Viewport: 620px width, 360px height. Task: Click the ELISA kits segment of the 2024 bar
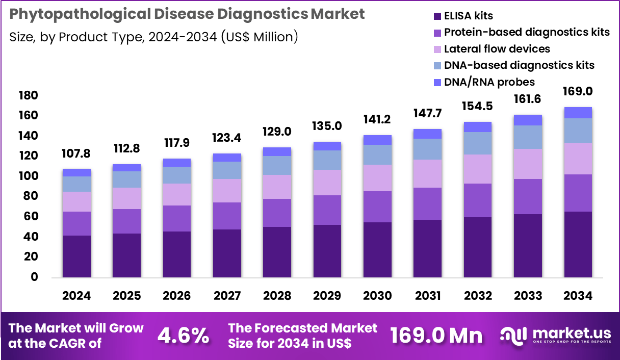click(76, 256)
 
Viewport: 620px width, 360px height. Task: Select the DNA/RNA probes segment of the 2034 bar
click(578, 113)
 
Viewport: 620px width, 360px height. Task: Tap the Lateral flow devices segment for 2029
click(327, 183)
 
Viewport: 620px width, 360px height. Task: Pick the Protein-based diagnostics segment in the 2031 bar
click(427, 203)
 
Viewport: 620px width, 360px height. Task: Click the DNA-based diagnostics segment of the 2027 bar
click(227, 170)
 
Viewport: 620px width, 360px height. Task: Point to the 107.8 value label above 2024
click(76, 153)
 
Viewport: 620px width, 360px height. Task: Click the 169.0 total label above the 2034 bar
click(578, 92)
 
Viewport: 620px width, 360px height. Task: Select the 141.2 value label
click(377, 119)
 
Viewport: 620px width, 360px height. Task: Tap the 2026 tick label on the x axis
click(177, 296)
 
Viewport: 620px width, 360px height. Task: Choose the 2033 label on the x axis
click(528, 296)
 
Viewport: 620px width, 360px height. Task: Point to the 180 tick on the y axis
click(28, 96)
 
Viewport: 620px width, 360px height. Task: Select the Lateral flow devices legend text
click(497, 49)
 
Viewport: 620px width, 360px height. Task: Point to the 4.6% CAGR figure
click(183, 335)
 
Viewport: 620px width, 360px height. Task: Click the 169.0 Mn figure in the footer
click(436, 335)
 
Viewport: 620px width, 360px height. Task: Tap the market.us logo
click(555, 335)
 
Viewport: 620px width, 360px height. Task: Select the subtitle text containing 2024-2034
click(153, 37)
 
